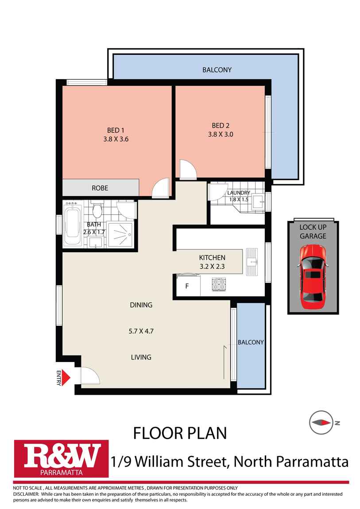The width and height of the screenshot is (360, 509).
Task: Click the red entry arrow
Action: click(x=66, y=377)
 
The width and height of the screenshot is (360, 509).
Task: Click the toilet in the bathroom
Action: click(x=97, y=211)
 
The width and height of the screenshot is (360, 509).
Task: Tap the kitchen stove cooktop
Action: click(x=219, y=284)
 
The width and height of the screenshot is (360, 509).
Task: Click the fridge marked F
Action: click(x=187, y=286)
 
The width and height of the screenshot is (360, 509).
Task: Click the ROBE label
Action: click(x=100, y=188)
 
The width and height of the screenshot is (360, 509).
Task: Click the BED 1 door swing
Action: click(x=160, y=188)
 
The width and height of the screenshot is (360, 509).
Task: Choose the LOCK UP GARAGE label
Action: click(x=313, y=231)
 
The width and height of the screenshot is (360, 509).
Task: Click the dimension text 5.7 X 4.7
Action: click(x=141, y=331)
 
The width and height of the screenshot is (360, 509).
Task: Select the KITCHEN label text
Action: click(x=212, y=258)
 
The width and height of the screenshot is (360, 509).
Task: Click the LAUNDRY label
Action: click(x=239, y=193)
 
